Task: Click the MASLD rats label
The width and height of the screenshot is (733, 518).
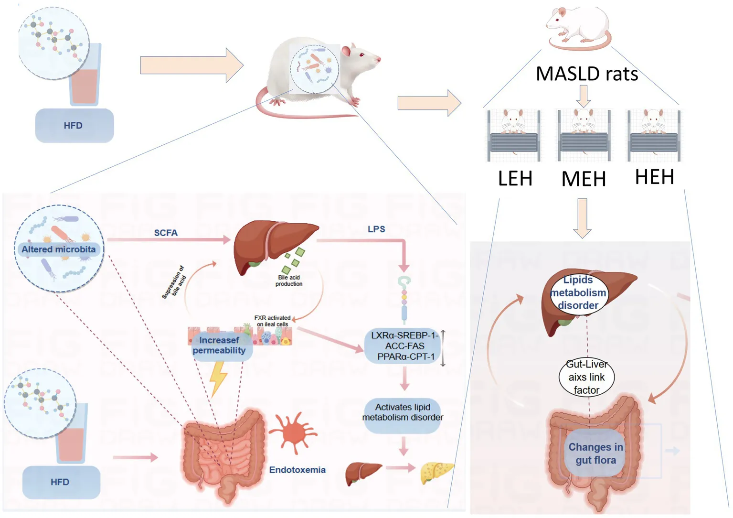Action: pyautogui.click(x=587, y=74)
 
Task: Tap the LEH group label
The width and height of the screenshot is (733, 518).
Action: pyautogui.click(x=515, y=178)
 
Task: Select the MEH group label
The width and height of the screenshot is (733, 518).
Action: pyautogui.click(x=584, y=179)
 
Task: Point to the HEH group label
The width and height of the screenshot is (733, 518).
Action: pyautogui.click(x=654, y=177)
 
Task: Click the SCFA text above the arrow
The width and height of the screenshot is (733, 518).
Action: pyautogui.click(x=166, y=233)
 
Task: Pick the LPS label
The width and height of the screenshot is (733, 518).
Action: pyautogui.click(x=376, y=229)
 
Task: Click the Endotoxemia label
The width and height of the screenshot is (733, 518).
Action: pyautogui.click(x=297, y=470)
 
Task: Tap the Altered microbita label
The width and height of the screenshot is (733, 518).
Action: pyautogui.click(x=58, y=249)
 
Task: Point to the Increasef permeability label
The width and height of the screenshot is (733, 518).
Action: pyautogui.click(x=219, y=345)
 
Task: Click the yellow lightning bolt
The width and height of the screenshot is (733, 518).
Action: pyautogui.click(x=219, y=378)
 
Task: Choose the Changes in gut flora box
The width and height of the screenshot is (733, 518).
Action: pyautogui.click(x=595, y=453)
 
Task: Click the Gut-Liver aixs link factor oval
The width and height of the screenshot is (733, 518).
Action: pyautogui.click(x=586, y=377)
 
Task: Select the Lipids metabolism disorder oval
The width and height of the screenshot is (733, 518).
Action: pyautogui.click(x=578, y=292)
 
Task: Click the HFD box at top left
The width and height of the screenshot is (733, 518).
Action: pyautogui.click(x=74, y=126)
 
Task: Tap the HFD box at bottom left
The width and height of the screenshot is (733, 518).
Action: pyautogui.click(x=61, y=482)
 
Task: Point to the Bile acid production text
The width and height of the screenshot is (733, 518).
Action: pyautogui.click(x=289, y=281)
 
